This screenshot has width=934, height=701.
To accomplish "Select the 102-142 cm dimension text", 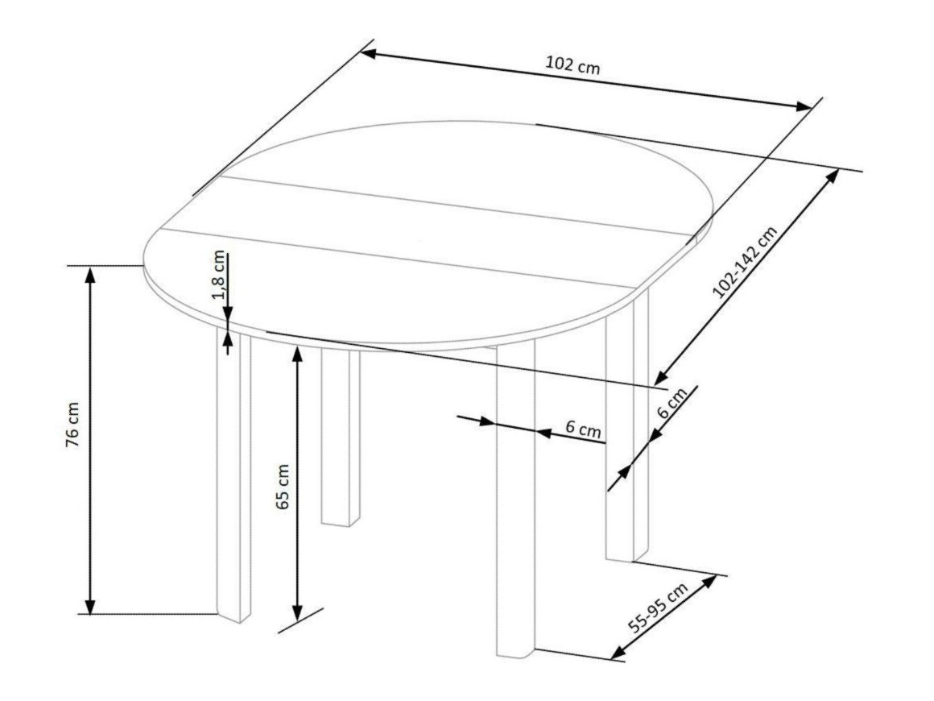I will click(745, 261).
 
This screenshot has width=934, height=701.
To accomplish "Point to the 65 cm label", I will click(283, 487).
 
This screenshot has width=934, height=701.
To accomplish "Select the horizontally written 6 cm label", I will click(583, 429).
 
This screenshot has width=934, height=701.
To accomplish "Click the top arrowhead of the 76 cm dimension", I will click(90, 274).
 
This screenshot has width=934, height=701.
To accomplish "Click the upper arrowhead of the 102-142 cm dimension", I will click(832, 176).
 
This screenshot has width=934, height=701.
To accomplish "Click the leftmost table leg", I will click(233, 475).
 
